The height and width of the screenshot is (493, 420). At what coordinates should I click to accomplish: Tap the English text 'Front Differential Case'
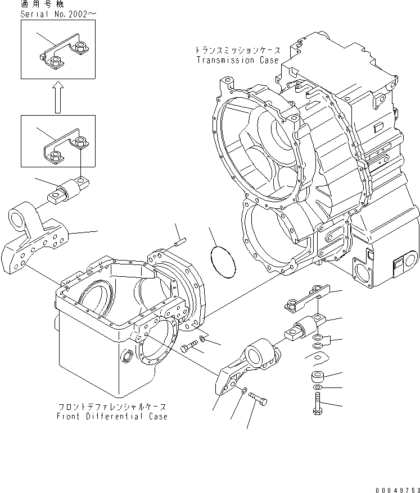[112, 417]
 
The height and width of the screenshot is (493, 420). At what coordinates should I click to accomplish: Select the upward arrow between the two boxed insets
[57, 97]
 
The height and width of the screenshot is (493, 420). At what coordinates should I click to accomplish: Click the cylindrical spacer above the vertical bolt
[318, 377]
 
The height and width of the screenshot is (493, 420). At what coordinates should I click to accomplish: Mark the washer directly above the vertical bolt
[318, 388]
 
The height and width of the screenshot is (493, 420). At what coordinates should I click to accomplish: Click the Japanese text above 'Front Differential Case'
[112, 406]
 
